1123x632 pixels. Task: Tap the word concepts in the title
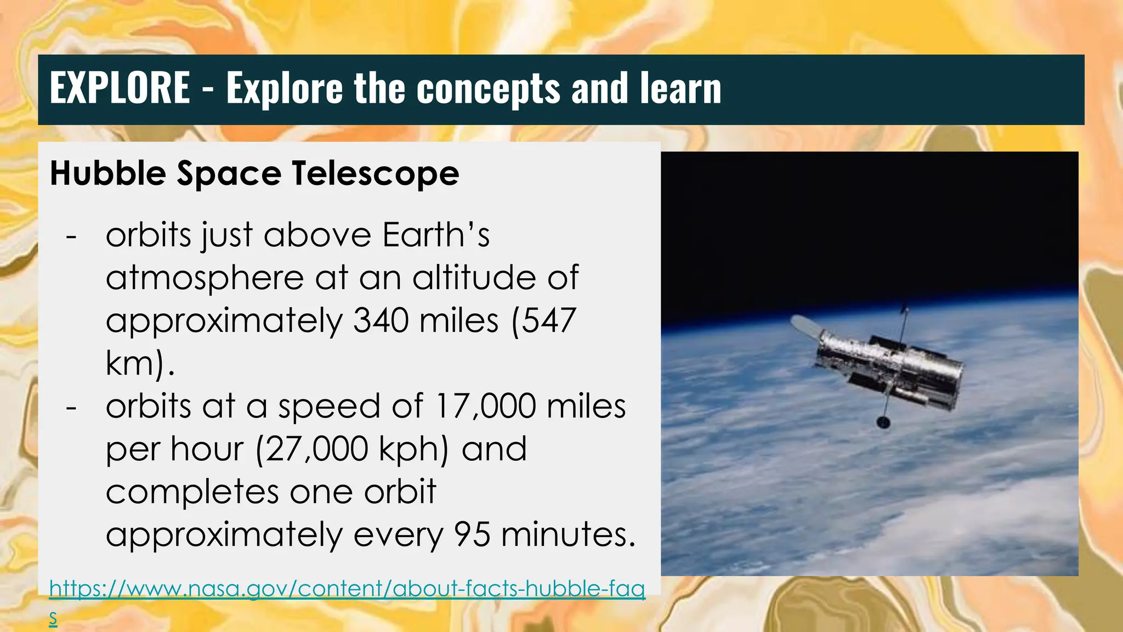[489, 89]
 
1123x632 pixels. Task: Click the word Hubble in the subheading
[108, 173]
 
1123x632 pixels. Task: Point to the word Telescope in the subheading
[376, 173]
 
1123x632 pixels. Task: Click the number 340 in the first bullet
[381, 320]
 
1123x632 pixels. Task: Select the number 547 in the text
[548, 320]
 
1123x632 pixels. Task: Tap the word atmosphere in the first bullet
[205, 278]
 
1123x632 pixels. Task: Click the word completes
[192, 492]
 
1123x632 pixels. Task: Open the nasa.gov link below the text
[347, 589]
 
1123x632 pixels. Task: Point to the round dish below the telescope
[883, 422]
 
